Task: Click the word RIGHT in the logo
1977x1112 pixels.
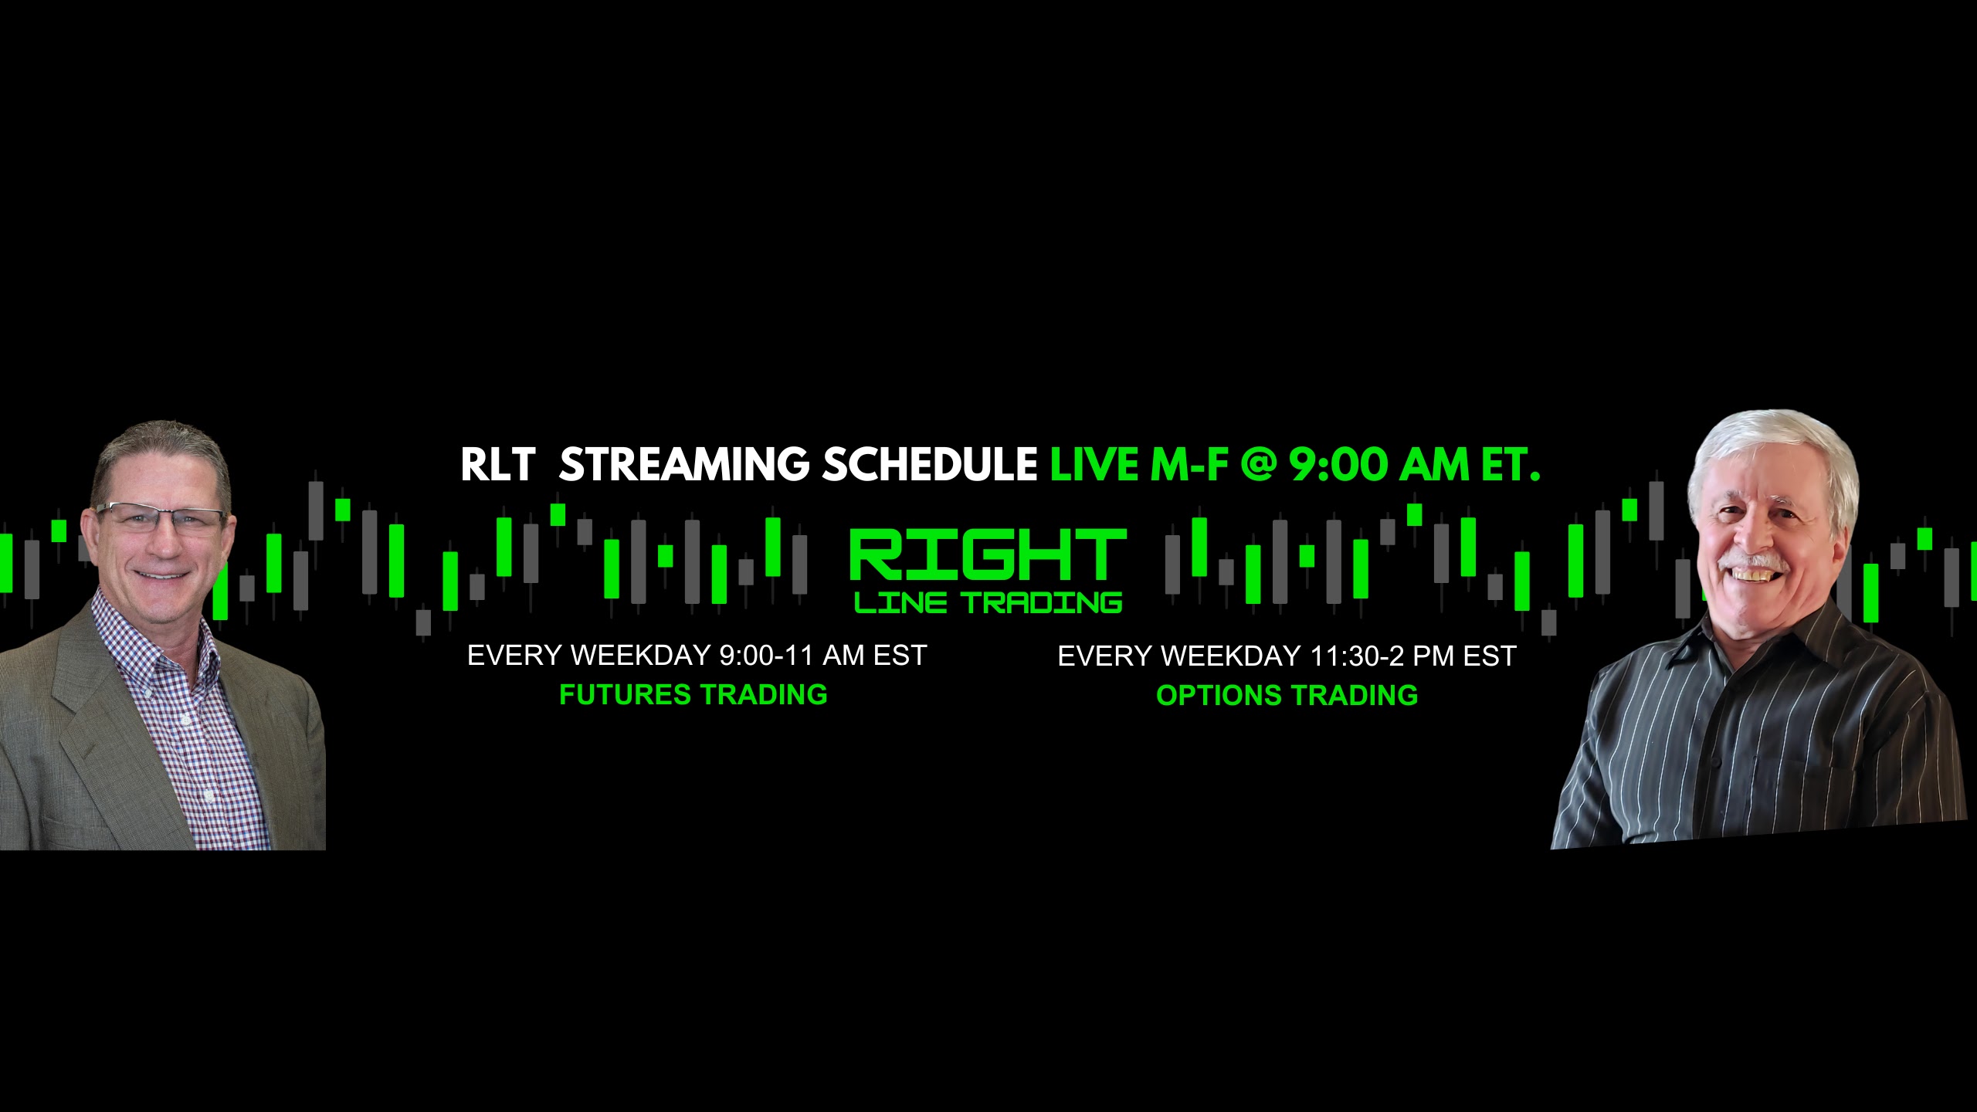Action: [x=988, y=554]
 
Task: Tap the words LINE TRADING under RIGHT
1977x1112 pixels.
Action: [x=988, y=602]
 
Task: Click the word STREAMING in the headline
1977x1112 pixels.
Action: [x=684, y=465]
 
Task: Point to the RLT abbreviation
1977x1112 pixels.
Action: [x=498, y=465]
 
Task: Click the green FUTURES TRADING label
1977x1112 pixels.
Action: [x=693, y=695]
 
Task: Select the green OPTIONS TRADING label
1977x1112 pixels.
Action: [x=1287, y=695]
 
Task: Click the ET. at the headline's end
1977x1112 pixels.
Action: [x=1511, y=465]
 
